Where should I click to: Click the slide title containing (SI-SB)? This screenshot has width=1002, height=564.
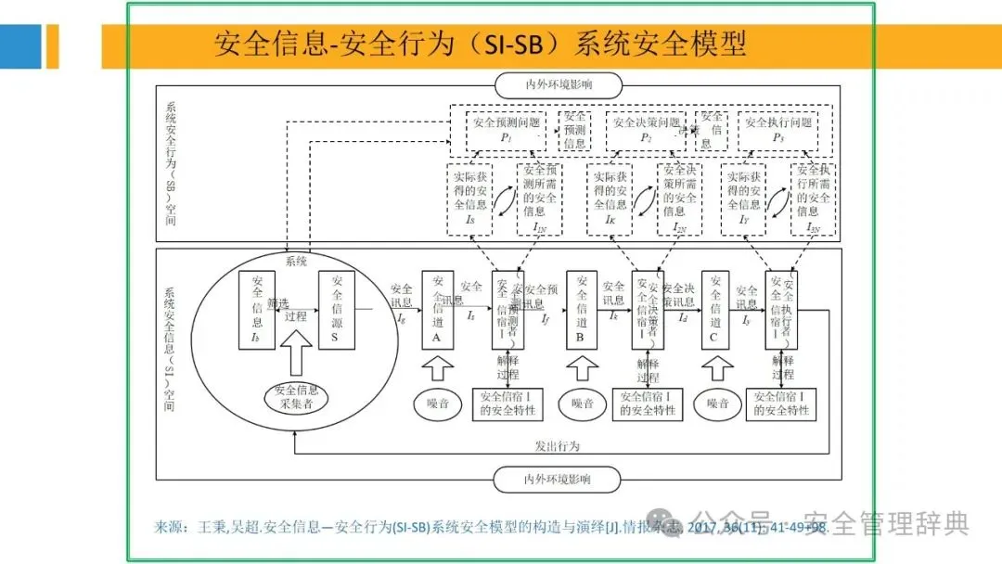click(480, 45)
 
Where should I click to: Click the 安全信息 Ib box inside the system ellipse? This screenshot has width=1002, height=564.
click(257, 309)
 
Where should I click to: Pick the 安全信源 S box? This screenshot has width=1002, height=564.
click(337, 309)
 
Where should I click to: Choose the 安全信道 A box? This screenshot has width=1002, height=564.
click(437, 309)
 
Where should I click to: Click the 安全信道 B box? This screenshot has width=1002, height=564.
click(581, 309)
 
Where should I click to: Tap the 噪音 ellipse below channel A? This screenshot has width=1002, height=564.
click(437, 404)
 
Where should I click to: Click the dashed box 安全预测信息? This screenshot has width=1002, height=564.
click(575, 130)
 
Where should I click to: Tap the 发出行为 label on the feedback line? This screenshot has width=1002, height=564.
click(558, 445)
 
